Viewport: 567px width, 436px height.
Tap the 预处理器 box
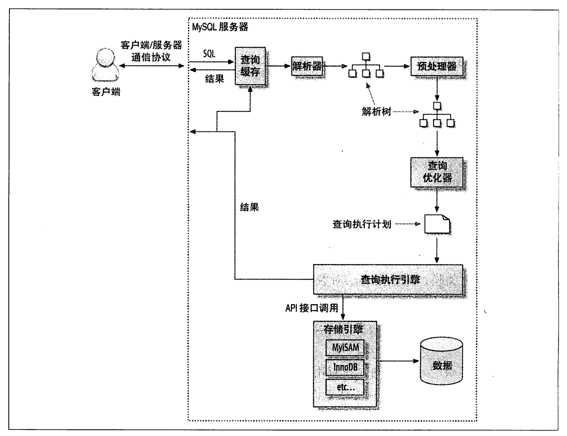point(436,65)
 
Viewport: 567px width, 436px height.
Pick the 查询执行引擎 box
point(388,280)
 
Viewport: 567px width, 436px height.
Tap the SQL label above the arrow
point(209,53)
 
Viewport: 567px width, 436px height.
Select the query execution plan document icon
point(436,225)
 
